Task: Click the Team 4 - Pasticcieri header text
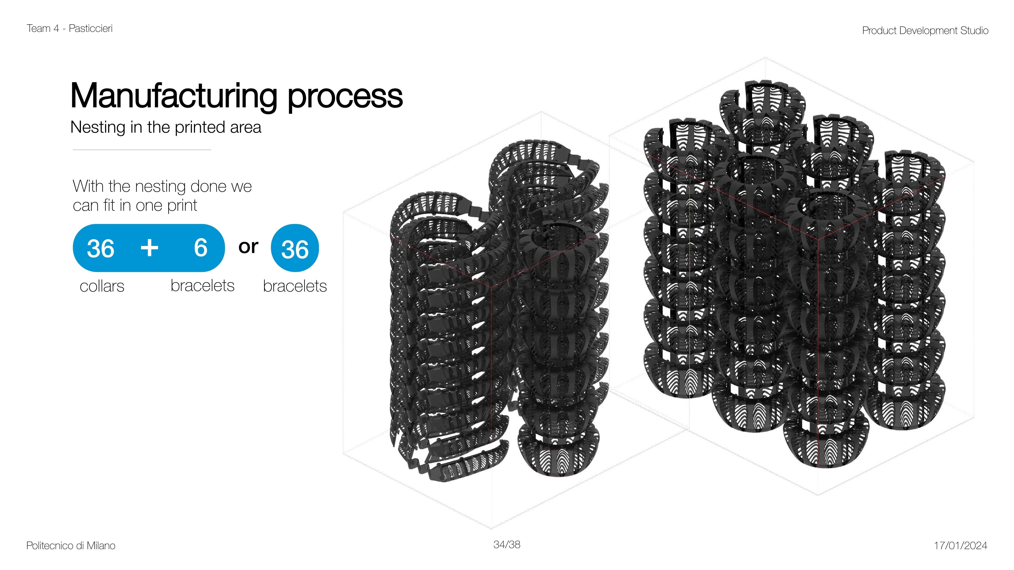pos(70,28)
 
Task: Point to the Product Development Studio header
pos(925,30)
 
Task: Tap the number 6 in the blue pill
pos(201,248)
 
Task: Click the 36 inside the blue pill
pos(101,249)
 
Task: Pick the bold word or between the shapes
pos(248,247)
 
